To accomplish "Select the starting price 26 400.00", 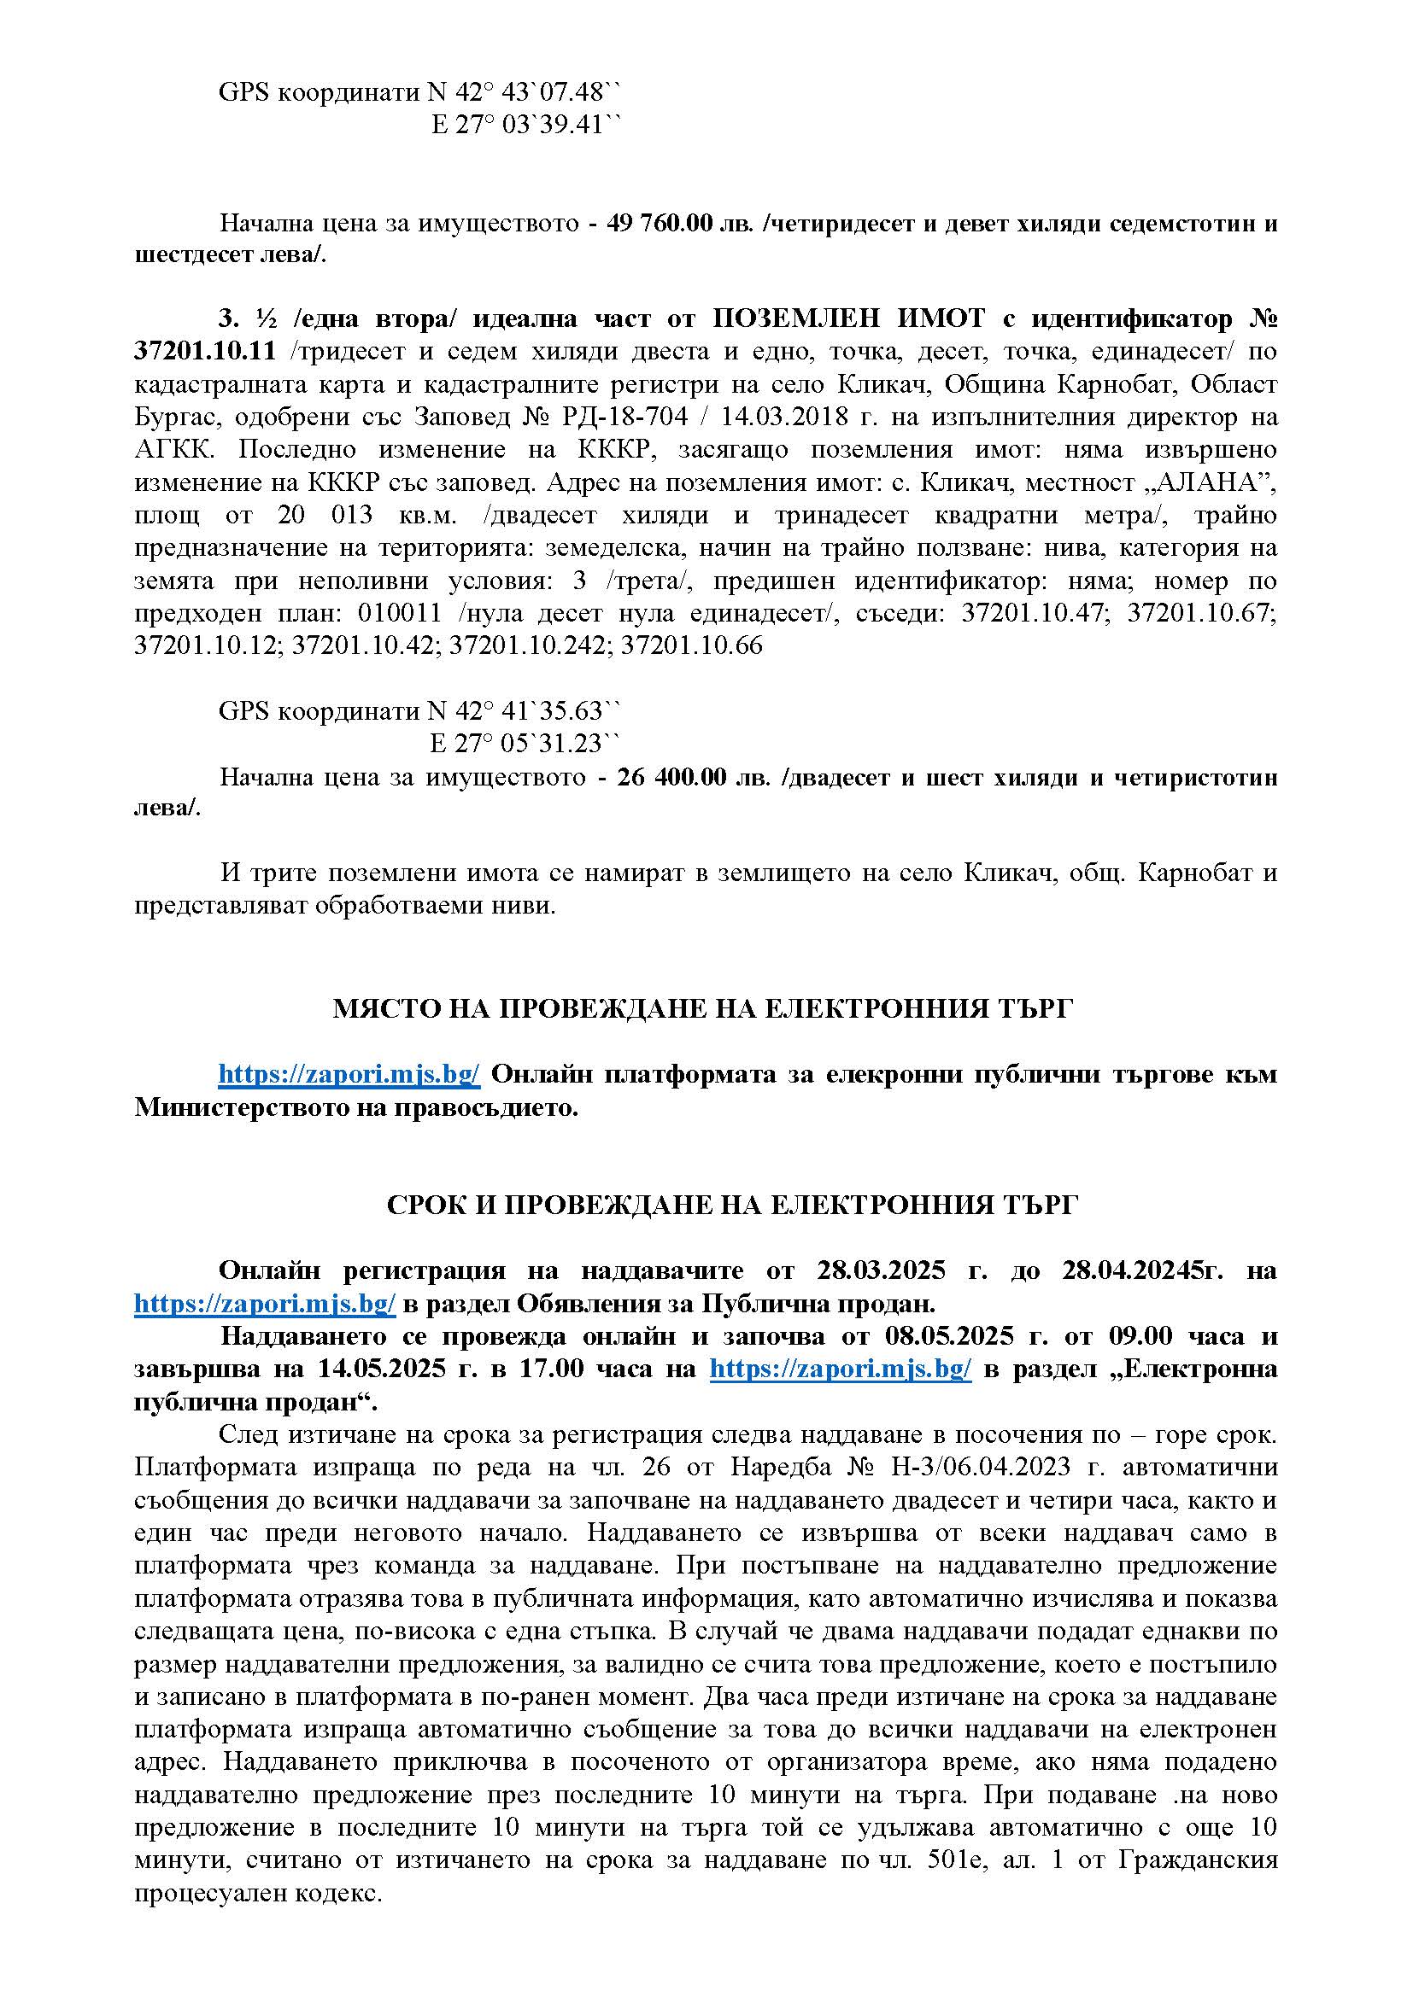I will click(671, 777).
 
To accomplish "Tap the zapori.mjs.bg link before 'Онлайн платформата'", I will click(349, 1074).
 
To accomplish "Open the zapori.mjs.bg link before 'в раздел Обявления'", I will click(266, 1304).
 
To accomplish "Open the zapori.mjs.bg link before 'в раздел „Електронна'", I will click(841, 1369).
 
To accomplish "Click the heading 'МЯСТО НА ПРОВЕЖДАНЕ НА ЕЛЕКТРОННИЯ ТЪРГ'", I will click(703, 1009).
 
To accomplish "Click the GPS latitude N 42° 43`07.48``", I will click(525, 92).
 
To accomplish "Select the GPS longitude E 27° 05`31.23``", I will click(526, 744).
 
